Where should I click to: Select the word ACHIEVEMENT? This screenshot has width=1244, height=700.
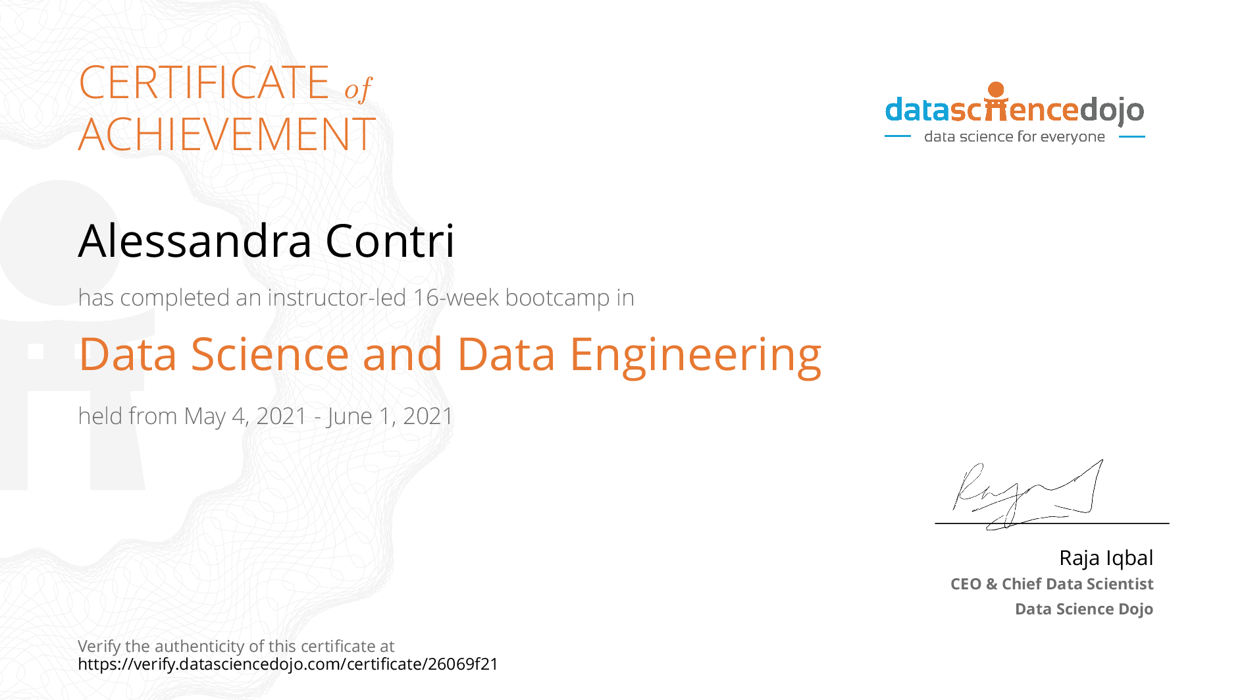(x=227, y=134)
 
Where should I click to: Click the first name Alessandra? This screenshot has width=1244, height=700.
(x=195, y=240)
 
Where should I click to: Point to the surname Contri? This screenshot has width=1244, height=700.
(x=390, y=240)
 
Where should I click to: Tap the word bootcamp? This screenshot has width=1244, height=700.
(x=557, y=298)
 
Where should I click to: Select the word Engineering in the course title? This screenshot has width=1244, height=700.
(x=696, y=356)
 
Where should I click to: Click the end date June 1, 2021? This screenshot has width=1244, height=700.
(x=390, y=416)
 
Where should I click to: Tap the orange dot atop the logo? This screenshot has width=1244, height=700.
(x=997, y=90)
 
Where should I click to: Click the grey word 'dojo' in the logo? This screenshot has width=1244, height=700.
(x=1112, y=111)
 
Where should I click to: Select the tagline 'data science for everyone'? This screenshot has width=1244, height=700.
(x=1014, y=136)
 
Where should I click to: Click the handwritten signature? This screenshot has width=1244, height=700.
(x=1027, y=495)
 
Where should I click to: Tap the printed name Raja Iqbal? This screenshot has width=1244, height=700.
(x=1106, y=558)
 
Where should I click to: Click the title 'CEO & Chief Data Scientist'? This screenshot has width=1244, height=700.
(x=1052, y=584)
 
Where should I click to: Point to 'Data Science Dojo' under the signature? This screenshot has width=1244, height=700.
(x=1084, y=609)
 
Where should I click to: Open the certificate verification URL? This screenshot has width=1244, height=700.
(x=288, y=664)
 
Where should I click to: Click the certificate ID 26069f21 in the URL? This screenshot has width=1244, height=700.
(x=463, y=664)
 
